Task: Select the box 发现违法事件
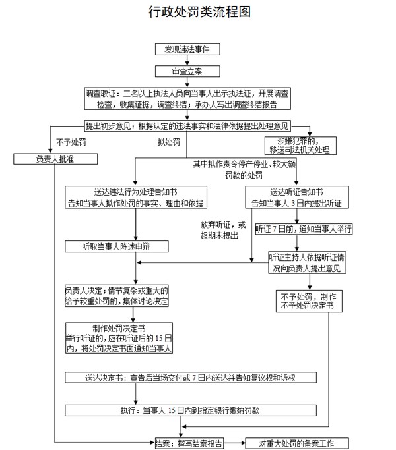187,49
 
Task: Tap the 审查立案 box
187,70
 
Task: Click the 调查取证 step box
187,99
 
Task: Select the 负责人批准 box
56,159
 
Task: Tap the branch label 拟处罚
168,142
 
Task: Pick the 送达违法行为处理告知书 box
135,196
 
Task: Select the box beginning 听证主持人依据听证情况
304,262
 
